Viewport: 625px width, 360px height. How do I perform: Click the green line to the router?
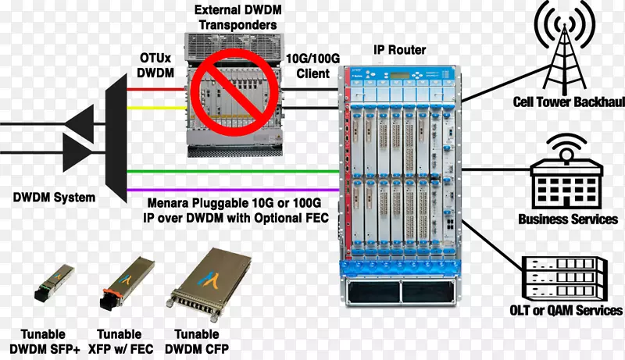[x=234, y=170]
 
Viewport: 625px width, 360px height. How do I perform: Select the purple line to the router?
[x=234, y=188]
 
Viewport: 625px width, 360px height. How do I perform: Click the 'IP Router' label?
[x=399, y=51]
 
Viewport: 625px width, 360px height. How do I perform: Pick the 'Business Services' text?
[x=567, y=220]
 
